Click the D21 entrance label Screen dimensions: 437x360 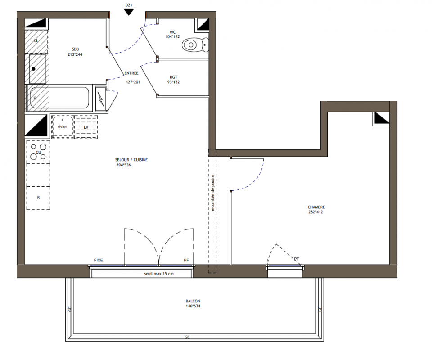point(128,5)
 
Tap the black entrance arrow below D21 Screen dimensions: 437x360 point(129,12)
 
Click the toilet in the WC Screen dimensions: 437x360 point(195,45)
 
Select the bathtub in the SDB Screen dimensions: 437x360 point(59,98)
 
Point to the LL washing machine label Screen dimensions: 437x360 point(36,41)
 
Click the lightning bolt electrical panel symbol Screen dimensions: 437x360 point(101,99)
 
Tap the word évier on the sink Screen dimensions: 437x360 point(63,126)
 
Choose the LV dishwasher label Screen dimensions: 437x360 point(86,127)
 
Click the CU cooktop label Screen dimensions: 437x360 point(38,153)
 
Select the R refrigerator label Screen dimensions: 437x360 point(38,197)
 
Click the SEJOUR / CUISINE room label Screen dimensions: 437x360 point(131,160)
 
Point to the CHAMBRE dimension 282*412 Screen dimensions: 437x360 point(315,212)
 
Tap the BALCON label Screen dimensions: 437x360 point(193,301)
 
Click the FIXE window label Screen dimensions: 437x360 point(99,260)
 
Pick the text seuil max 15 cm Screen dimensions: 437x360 point(158,274)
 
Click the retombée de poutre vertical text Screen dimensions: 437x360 point(212,193)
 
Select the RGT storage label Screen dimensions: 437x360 point(173,77)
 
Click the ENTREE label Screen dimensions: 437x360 point(131,73)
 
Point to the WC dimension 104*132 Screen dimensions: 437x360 point(172,37)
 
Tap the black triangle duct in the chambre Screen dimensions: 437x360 point(381,118)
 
